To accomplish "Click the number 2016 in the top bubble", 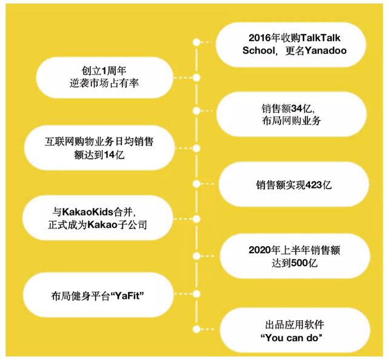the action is click(x=259, y=38).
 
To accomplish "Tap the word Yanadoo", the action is click(x=326, y=51).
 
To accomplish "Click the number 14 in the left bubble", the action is click(x=109, y=155).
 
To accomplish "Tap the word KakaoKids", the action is click(x=87, y=212).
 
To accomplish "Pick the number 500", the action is click(x=299, y=263).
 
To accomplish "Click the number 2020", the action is click(x=259, y=250).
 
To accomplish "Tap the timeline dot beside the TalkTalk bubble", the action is click(x=196, y=42).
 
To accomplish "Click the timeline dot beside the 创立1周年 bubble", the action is click(x=196, y=78).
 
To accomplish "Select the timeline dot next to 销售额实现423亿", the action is click(x=196, y=184).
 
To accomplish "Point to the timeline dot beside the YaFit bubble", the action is click(x=196, y=294).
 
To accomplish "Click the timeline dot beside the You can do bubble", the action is click(x=196, y=329).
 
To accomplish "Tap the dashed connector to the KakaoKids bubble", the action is click(x=183, y=219).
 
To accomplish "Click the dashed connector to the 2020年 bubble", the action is click(x=207, y=256).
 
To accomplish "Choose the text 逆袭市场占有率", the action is click(x=104, y=84).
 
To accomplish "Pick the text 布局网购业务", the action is click(x=291, y=121).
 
